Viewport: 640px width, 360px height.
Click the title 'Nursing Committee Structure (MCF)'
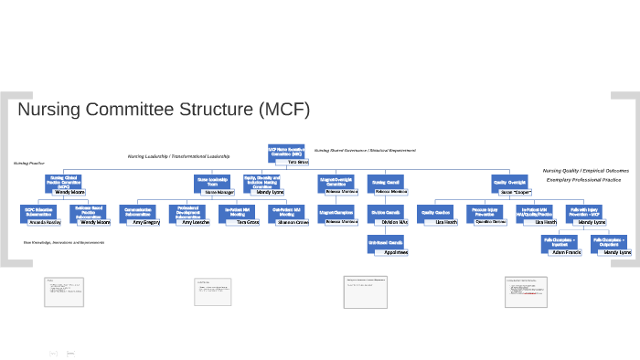pos(165,111)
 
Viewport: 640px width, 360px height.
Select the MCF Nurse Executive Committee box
pos(285,152)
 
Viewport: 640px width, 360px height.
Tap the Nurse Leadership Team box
pos(213,181)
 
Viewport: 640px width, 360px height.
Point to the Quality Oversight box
pos(509,181)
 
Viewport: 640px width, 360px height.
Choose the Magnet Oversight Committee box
pos(336,181)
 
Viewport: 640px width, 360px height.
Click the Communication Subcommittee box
pos(139,211)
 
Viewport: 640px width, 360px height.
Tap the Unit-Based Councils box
pos(386,241)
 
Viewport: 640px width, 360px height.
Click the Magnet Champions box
pos(336,210)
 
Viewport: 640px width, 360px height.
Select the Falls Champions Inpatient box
pos(559,241)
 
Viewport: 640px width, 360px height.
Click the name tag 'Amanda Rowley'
pos(45,222)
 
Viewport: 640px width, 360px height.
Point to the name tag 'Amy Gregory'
pos(146,222)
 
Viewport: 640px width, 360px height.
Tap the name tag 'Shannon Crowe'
pos(294,222)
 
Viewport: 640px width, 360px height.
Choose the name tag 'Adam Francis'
pos(567,252)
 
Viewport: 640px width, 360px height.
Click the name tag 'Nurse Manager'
pos(219,193)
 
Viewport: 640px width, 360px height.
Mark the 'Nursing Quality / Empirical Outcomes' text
pos(586,171)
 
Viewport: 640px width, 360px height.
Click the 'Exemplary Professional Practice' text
pos(583,180)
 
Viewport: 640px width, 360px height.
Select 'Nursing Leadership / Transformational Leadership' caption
pos(178,156)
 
